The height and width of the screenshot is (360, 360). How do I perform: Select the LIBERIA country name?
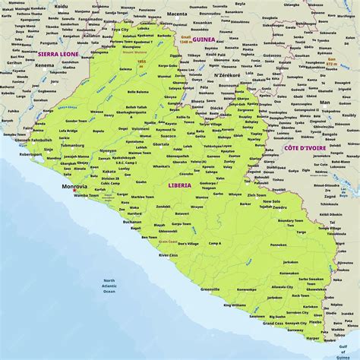tap(179, 185)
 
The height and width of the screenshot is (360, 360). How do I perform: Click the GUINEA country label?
tap(204, 39)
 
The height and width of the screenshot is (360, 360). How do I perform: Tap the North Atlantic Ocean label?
tap(109, 286)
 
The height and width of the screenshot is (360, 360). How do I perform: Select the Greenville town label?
tap(210, 289)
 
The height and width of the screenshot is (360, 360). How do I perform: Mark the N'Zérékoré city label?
tap(227, 76)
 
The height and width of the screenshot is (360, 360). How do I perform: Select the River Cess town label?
tap(169, 256)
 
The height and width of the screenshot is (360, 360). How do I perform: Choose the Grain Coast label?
tap(168, 241)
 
